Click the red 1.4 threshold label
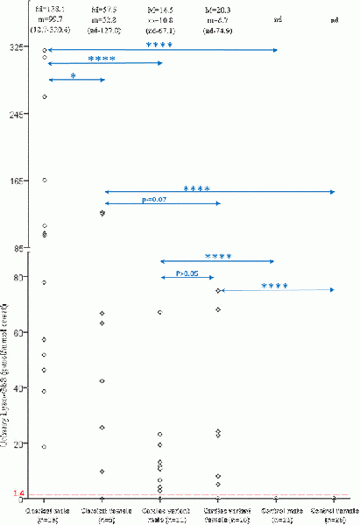tap(19, 494)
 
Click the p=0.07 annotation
tap(155, 200)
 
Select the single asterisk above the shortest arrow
tap(74, 75)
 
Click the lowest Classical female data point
tap(102, 472)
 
